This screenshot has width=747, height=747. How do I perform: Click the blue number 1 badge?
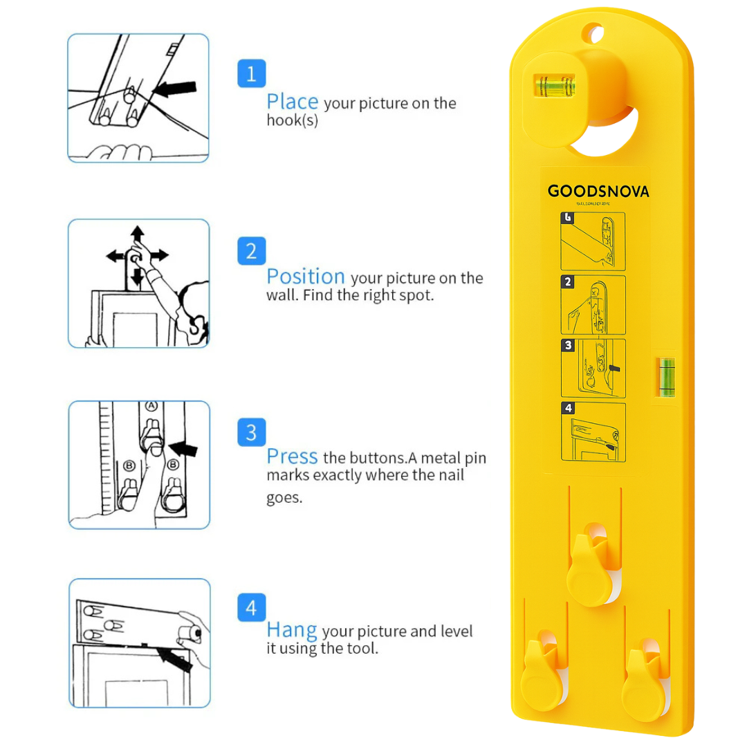click(x=251, y=73)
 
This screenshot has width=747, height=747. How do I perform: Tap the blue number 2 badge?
click(x=251, y=250)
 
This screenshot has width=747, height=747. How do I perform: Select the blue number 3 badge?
click(x=251, y=433)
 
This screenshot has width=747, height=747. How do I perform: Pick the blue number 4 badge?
click(x=251, y=608)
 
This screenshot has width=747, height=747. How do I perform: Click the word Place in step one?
click(x=292, y=102)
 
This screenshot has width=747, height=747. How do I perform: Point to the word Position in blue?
click(x=305, y=277)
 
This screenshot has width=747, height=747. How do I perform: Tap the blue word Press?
click(x=292, y=456)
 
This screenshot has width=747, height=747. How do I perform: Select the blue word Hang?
click(x=291, y=630)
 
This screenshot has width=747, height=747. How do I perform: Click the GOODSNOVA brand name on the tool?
click(x=598, y=192)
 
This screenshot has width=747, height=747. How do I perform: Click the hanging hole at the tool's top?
click(x=593, y=33)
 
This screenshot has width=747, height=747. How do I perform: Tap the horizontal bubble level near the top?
click(x=555, y=86)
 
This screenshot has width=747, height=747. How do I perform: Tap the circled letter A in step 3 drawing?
click(x=151, y=407)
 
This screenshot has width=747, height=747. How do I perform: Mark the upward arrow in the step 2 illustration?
click(x=138, y=233)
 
